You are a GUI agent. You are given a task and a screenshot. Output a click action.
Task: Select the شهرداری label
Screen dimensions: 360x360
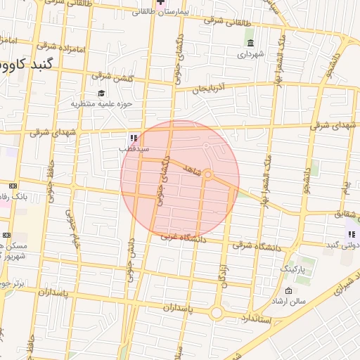(250, 53)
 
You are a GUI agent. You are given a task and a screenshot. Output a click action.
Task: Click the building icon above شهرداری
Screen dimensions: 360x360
(250, 44)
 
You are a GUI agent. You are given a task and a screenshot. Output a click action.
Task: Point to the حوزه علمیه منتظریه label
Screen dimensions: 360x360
(101, 104)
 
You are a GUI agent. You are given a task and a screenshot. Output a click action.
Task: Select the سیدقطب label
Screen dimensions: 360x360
(133, 148)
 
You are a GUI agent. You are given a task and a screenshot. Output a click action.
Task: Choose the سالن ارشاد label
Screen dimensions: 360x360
(288, 302)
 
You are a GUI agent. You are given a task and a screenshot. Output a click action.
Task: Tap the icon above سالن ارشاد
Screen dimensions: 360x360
(288, 291)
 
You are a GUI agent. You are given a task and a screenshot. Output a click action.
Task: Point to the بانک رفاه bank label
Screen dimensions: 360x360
(14, 197)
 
